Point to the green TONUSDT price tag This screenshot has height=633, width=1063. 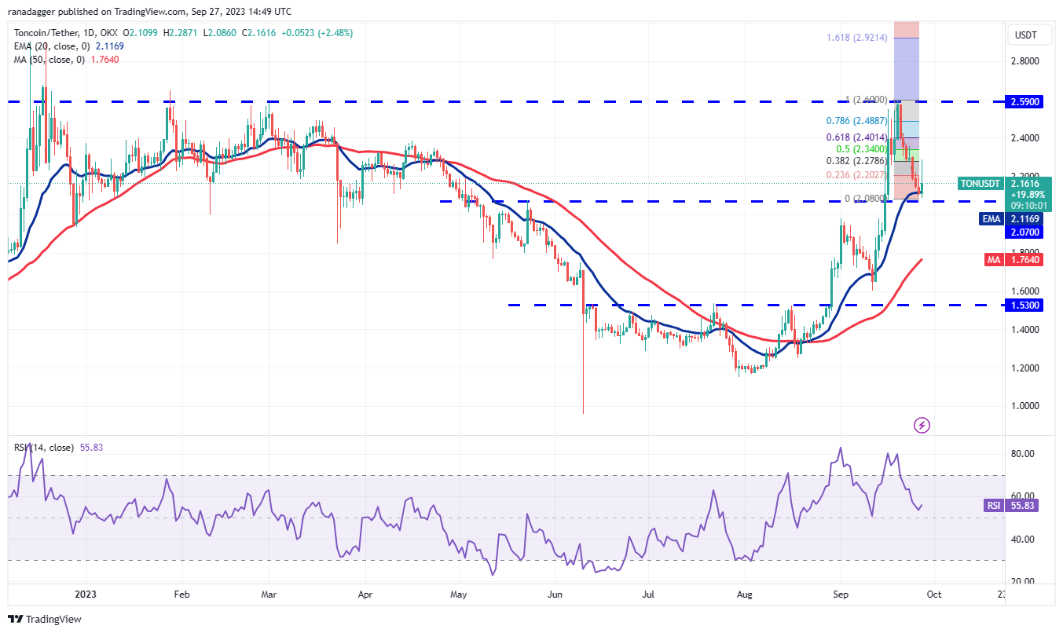980,184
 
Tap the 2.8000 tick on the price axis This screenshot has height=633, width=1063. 1025,60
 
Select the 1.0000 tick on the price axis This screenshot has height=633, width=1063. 1025,406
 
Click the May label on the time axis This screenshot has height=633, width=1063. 460,596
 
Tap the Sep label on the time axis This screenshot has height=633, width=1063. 840,596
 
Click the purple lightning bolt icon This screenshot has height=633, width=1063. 922,425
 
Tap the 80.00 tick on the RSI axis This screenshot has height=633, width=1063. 1023,454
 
